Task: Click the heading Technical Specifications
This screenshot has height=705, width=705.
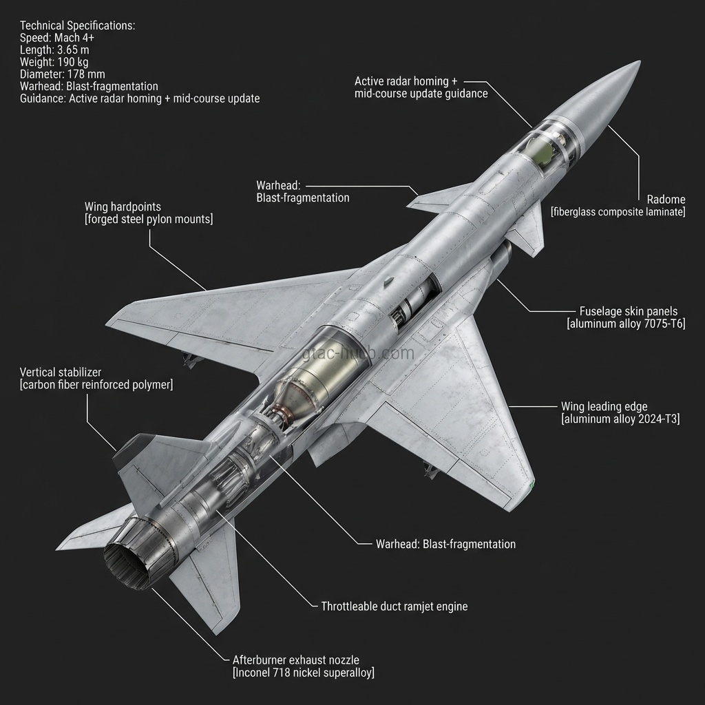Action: tap(78, 25)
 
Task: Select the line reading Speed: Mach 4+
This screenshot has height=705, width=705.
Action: tap(57, 38)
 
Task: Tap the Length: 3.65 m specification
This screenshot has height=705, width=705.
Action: tap(54, 50)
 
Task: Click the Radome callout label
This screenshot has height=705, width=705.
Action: tap(666, 200)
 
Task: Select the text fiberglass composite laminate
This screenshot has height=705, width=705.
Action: tap(618, 212)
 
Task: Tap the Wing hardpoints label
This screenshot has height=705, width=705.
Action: tap(123, 207)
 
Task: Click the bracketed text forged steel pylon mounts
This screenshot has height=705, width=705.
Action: tap(149, 219)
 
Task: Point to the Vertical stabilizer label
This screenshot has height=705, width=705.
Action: tap(61, 372)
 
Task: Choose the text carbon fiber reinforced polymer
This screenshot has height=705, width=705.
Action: tap(96, 385)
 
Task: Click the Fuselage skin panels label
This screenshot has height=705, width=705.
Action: tap(629, 311)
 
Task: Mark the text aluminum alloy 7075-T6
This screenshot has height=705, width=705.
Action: tap(626, 324)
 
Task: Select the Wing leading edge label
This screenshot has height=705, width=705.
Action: tap(604, 406)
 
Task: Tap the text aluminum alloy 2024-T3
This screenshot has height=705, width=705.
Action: tap(620, 419)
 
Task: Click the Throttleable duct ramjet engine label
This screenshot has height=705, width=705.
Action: tap(394, 607)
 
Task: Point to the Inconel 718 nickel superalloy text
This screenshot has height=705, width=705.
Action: tap(304, 673)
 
